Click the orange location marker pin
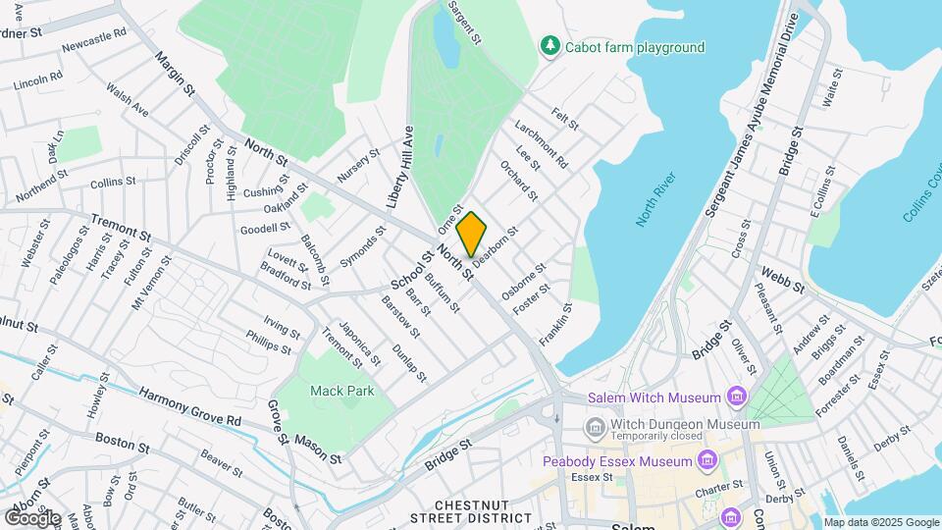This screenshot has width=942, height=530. coord(471,234)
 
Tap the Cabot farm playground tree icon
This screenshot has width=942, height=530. coord(551,46)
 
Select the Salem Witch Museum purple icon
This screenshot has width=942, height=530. coord(736,397)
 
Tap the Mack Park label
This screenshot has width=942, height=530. coord(342,391)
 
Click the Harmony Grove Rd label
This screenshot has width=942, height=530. coord(190,406)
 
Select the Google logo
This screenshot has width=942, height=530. coord(32,517)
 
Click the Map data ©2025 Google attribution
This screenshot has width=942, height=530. coord(881,522)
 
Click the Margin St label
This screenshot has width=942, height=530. coord(175,73)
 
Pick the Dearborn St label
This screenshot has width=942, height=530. coord(496,242)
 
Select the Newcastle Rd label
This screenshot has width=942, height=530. coord(94,39)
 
